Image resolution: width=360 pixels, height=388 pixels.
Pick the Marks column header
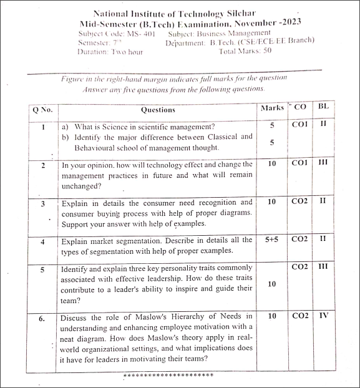272,109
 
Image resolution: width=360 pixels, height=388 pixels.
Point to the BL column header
323,107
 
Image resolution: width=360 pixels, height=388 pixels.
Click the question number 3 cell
42,204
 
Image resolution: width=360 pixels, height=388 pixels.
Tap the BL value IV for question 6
323,316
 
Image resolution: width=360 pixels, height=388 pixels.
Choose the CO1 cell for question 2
300,163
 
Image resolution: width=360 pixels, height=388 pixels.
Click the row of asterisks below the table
168,376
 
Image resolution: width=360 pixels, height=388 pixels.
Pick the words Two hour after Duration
127,52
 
